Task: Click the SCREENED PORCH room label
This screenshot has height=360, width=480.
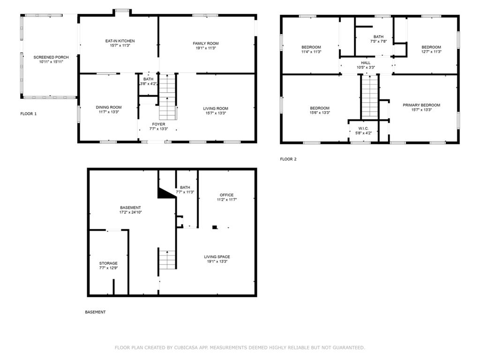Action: pos(51,57)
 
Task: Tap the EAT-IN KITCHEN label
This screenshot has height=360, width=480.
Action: pos(120,41)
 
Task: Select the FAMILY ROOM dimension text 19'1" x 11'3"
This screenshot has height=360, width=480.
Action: pos(206,48)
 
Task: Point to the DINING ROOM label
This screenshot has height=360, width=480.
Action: pos(109,107)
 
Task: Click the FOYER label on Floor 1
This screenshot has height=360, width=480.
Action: pos(158,124)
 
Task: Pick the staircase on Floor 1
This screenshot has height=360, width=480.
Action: pos(168,97)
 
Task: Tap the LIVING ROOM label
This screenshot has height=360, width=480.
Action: pos(216,109)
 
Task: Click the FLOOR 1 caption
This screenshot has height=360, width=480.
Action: pos(29,114)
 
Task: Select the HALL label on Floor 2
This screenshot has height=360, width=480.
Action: pos(366,63)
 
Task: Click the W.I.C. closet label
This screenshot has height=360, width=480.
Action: pos(363,128)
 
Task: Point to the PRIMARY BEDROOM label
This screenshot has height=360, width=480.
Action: pos(421,105)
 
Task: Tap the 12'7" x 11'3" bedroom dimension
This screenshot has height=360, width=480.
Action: pos(431,52)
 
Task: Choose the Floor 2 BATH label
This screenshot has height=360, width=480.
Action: pos(378,37)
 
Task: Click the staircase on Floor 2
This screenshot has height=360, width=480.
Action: pos(370,97)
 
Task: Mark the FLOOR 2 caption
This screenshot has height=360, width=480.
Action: pos(288,159)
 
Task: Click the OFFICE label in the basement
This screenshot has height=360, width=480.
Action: pos(226,195)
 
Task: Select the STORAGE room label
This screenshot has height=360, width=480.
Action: pos(108,263)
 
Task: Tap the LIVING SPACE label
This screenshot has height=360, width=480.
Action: pos(217,257)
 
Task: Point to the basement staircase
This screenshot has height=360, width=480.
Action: pos(167,260)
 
